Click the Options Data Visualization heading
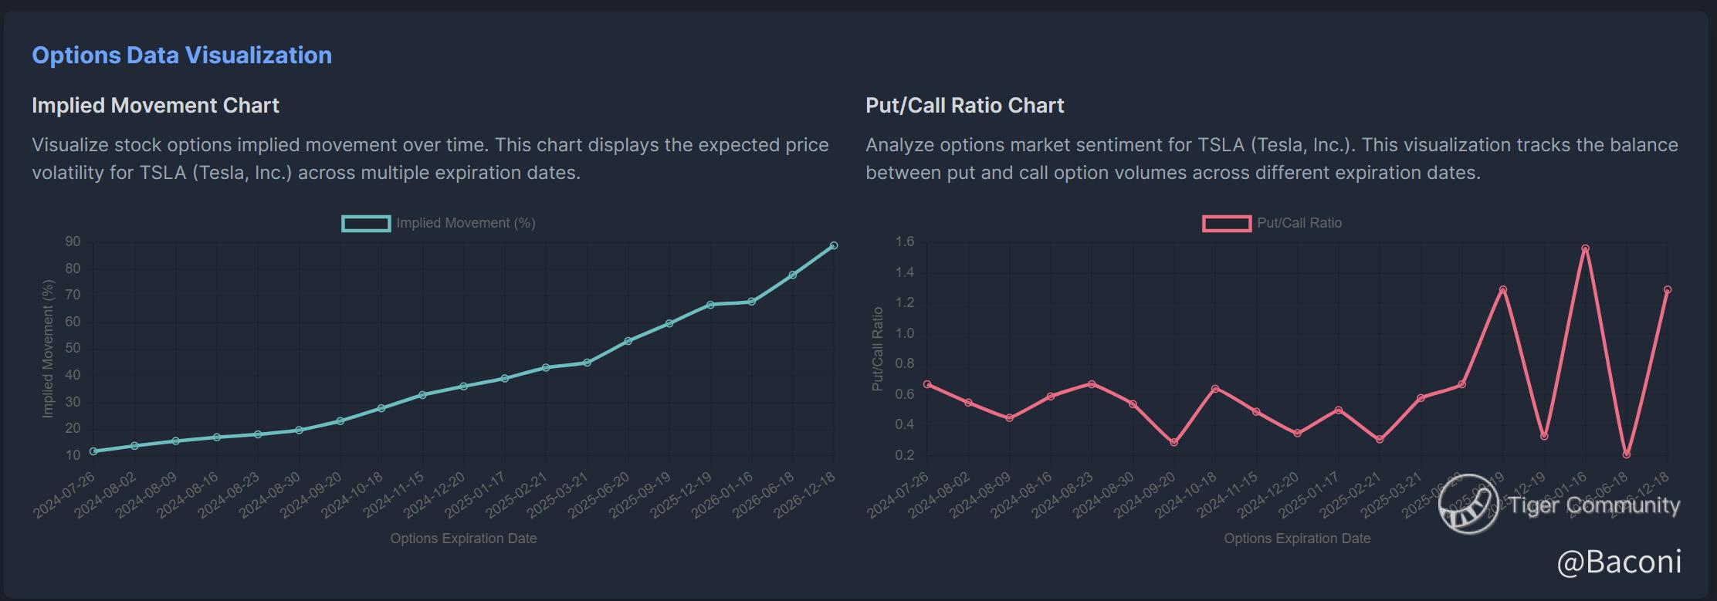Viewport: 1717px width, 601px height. [x=181, y=56]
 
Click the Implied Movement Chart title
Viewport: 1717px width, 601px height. [x=155, y=106]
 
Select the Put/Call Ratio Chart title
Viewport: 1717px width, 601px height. [x=964, y=106]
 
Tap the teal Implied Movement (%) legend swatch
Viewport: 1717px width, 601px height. [x=366, y=224]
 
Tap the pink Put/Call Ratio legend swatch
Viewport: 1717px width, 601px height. [x=1226, y=224]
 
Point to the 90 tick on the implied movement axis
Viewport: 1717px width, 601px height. [x=73, y=242]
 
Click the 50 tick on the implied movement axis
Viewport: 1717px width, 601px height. [x=73, y=349]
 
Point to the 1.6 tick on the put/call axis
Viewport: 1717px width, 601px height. [x=904, y=242]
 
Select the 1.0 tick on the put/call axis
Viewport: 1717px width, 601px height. [x=904, y=333]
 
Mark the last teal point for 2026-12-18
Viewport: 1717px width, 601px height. [x=834, y=245]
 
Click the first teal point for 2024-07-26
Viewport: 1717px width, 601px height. [x=93, y=451]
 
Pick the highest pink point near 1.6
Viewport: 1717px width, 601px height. [x=1585, y=249]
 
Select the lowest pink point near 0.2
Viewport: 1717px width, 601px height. [x=1627, y=454]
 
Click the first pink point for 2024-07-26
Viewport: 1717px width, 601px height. [x=927, y=384]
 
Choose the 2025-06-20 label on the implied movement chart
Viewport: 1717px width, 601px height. [x=600, y=495]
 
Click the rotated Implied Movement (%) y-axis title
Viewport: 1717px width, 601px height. [x=48, y=349]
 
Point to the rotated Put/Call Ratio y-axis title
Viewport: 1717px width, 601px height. [x=877, y=349]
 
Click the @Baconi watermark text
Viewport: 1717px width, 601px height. [x=1619, y=562]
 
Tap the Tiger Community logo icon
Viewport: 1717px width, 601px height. [x=1468, y=505]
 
